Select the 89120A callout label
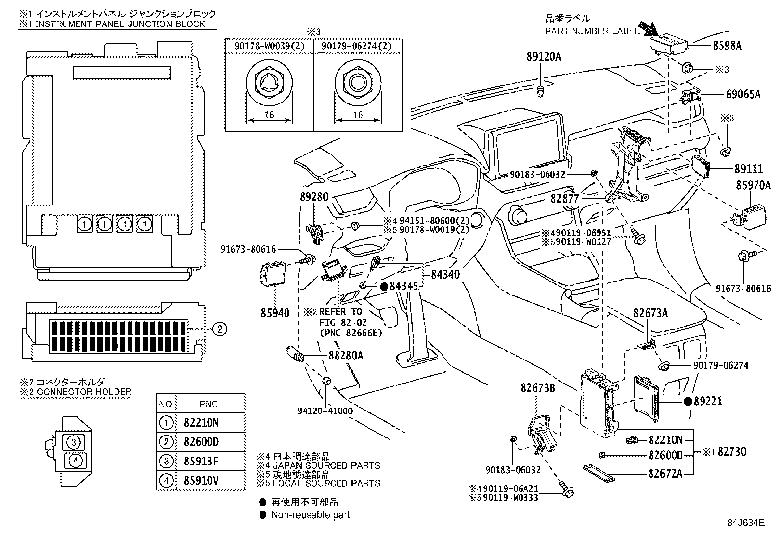click(543, 57)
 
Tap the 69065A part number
click(743, 94)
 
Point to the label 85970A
click(753, 185)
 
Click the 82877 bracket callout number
click(565, 198)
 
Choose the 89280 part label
click(314, 197)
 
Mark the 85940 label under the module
click(275, 312)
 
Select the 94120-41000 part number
click(324, 411)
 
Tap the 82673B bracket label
click(538, 389)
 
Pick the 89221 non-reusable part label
click(708, 401)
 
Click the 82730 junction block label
click(732, 451)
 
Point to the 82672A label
click(665, 473)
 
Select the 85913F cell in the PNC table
click(201, 461)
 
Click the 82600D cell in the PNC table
click(201, 442)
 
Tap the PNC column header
click(209, 404)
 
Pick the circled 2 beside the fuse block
click(220, 329)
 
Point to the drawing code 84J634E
click(746, 523)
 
